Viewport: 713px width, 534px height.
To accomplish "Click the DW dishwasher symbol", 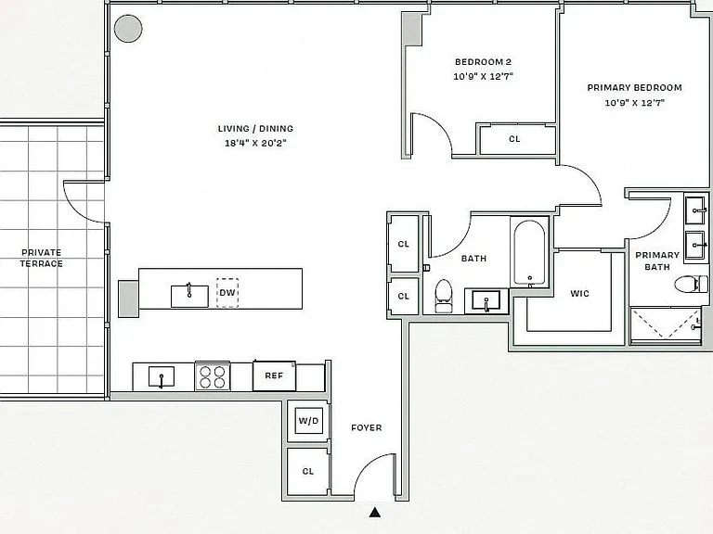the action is [x=227, y=293].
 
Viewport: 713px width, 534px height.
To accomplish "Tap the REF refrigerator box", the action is [x=274, y=375].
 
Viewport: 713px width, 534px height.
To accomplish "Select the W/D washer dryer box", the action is [x=308, y=421].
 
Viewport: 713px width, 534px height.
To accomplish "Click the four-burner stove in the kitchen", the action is [x=213, y=376].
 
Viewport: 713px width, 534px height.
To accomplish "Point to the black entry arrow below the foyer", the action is [x=375, y=512].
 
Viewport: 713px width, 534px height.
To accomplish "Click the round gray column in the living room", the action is [x=128, y=29].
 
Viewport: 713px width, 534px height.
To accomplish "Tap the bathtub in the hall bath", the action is [x=529, y=253].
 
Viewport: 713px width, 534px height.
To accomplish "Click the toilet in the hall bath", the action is [x=444, y=296].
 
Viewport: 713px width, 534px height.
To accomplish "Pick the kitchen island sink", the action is [x=189, y=296].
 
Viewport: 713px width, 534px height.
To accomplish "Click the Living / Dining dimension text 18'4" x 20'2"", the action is [x=255, y=144].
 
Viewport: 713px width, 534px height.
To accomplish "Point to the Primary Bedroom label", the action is [x=634, y=88].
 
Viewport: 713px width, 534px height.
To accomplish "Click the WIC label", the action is [x=579, y=294].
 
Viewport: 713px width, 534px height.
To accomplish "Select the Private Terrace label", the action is [x=42, y=258].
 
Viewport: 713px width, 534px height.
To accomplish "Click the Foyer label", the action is [x=367, y=427].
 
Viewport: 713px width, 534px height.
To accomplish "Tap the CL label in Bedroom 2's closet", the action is [x=514, y=139].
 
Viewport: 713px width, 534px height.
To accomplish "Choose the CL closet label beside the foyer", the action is [x=308, y=471].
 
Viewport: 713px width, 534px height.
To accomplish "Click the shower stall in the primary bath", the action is [x=666, y=324].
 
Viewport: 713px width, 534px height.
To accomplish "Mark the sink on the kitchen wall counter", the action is [x=162, y=377].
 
